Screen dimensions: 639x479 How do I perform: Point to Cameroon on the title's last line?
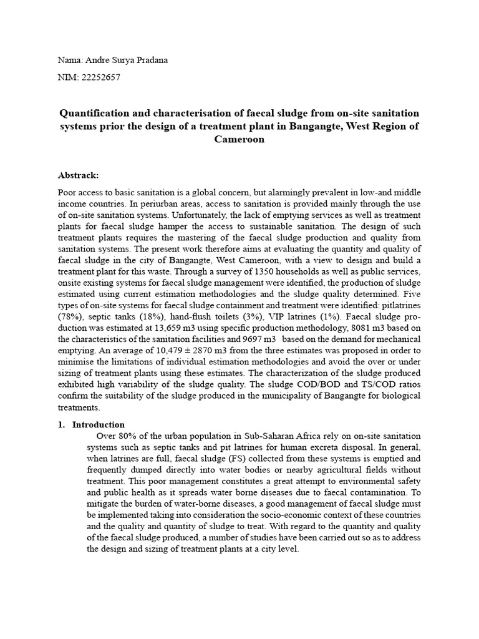239,139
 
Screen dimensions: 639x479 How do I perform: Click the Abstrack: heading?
78,175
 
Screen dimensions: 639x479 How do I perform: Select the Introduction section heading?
99,424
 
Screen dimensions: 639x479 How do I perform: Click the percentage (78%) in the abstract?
70,316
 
